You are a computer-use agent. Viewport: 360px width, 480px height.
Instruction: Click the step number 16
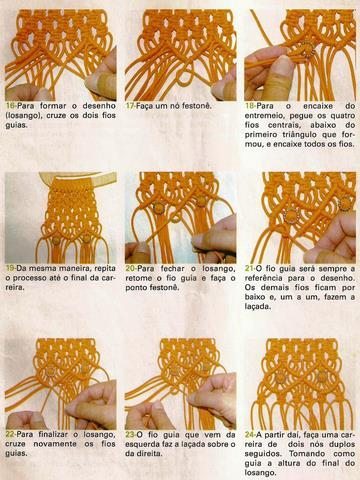[x=11, y=104]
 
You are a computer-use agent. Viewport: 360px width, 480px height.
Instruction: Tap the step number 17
[x=131, y=104]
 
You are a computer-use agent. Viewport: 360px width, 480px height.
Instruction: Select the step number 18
[x=251, y=104]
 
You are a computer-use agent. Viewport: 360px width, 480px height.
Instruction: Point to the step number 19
[x=11, y=269]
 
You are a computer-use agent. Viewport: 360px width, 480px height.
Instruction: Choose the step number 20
[x=131, y=269]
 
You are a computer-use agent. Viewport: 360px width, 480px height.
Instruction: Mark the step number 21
[x=251, y=269]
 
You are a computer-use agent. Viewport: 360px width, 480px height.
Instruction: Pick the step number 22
[x=11, y=435]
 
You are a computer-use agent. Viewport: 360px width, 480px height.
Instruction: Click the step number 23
[x=131, y=435]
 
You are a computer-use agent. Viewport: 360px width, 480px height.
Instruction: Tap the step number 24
[x=251, y=435]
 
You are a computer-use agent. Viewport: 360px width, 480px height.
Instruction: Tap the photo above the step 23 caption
[x=180, y=381]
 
